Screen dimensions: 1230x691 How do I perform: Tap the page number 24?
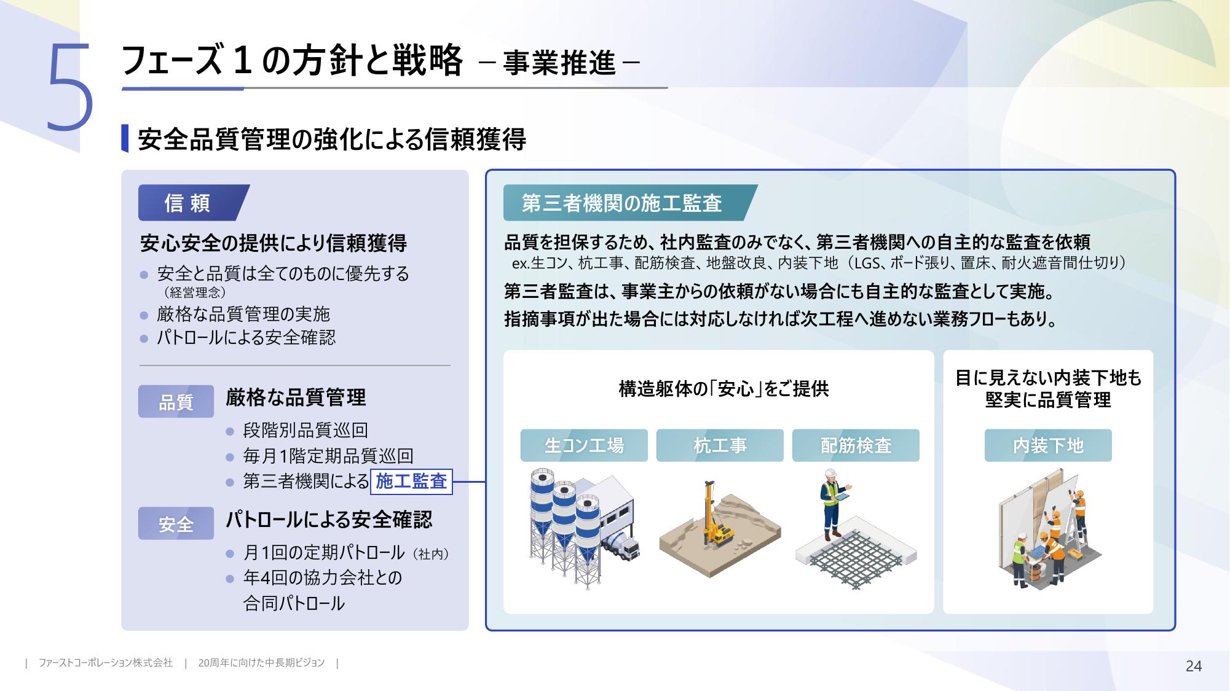coord(1193,666)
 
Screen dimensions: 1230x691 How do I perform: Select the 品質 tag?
coord(176,402)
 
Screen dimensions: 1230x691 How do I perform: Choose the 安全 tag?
coord(176,524)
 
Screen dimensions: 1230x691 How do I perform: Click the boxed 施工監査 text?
coord(411,481)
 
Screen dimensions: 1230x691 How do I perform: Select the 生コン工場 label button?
coord(584,445)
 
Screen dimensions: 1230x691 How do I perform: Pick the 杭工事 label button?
coord(720,445)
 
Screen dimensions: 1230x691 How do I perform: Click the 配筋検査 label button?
coord(856,445)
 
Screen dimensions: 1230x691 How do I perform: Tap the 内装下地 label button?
coord(1048,445)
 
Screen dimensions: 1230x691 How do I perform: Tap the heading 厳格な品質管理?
coord(296,397)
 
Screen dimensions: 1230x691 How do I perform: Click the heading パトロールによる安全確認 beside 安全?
coord(329,520)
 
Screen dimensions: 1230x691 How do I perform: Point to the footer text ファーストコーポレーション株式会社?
coord(106,663)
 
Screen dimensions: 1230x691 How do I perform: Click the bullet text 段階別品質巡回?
coord(306,430)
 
